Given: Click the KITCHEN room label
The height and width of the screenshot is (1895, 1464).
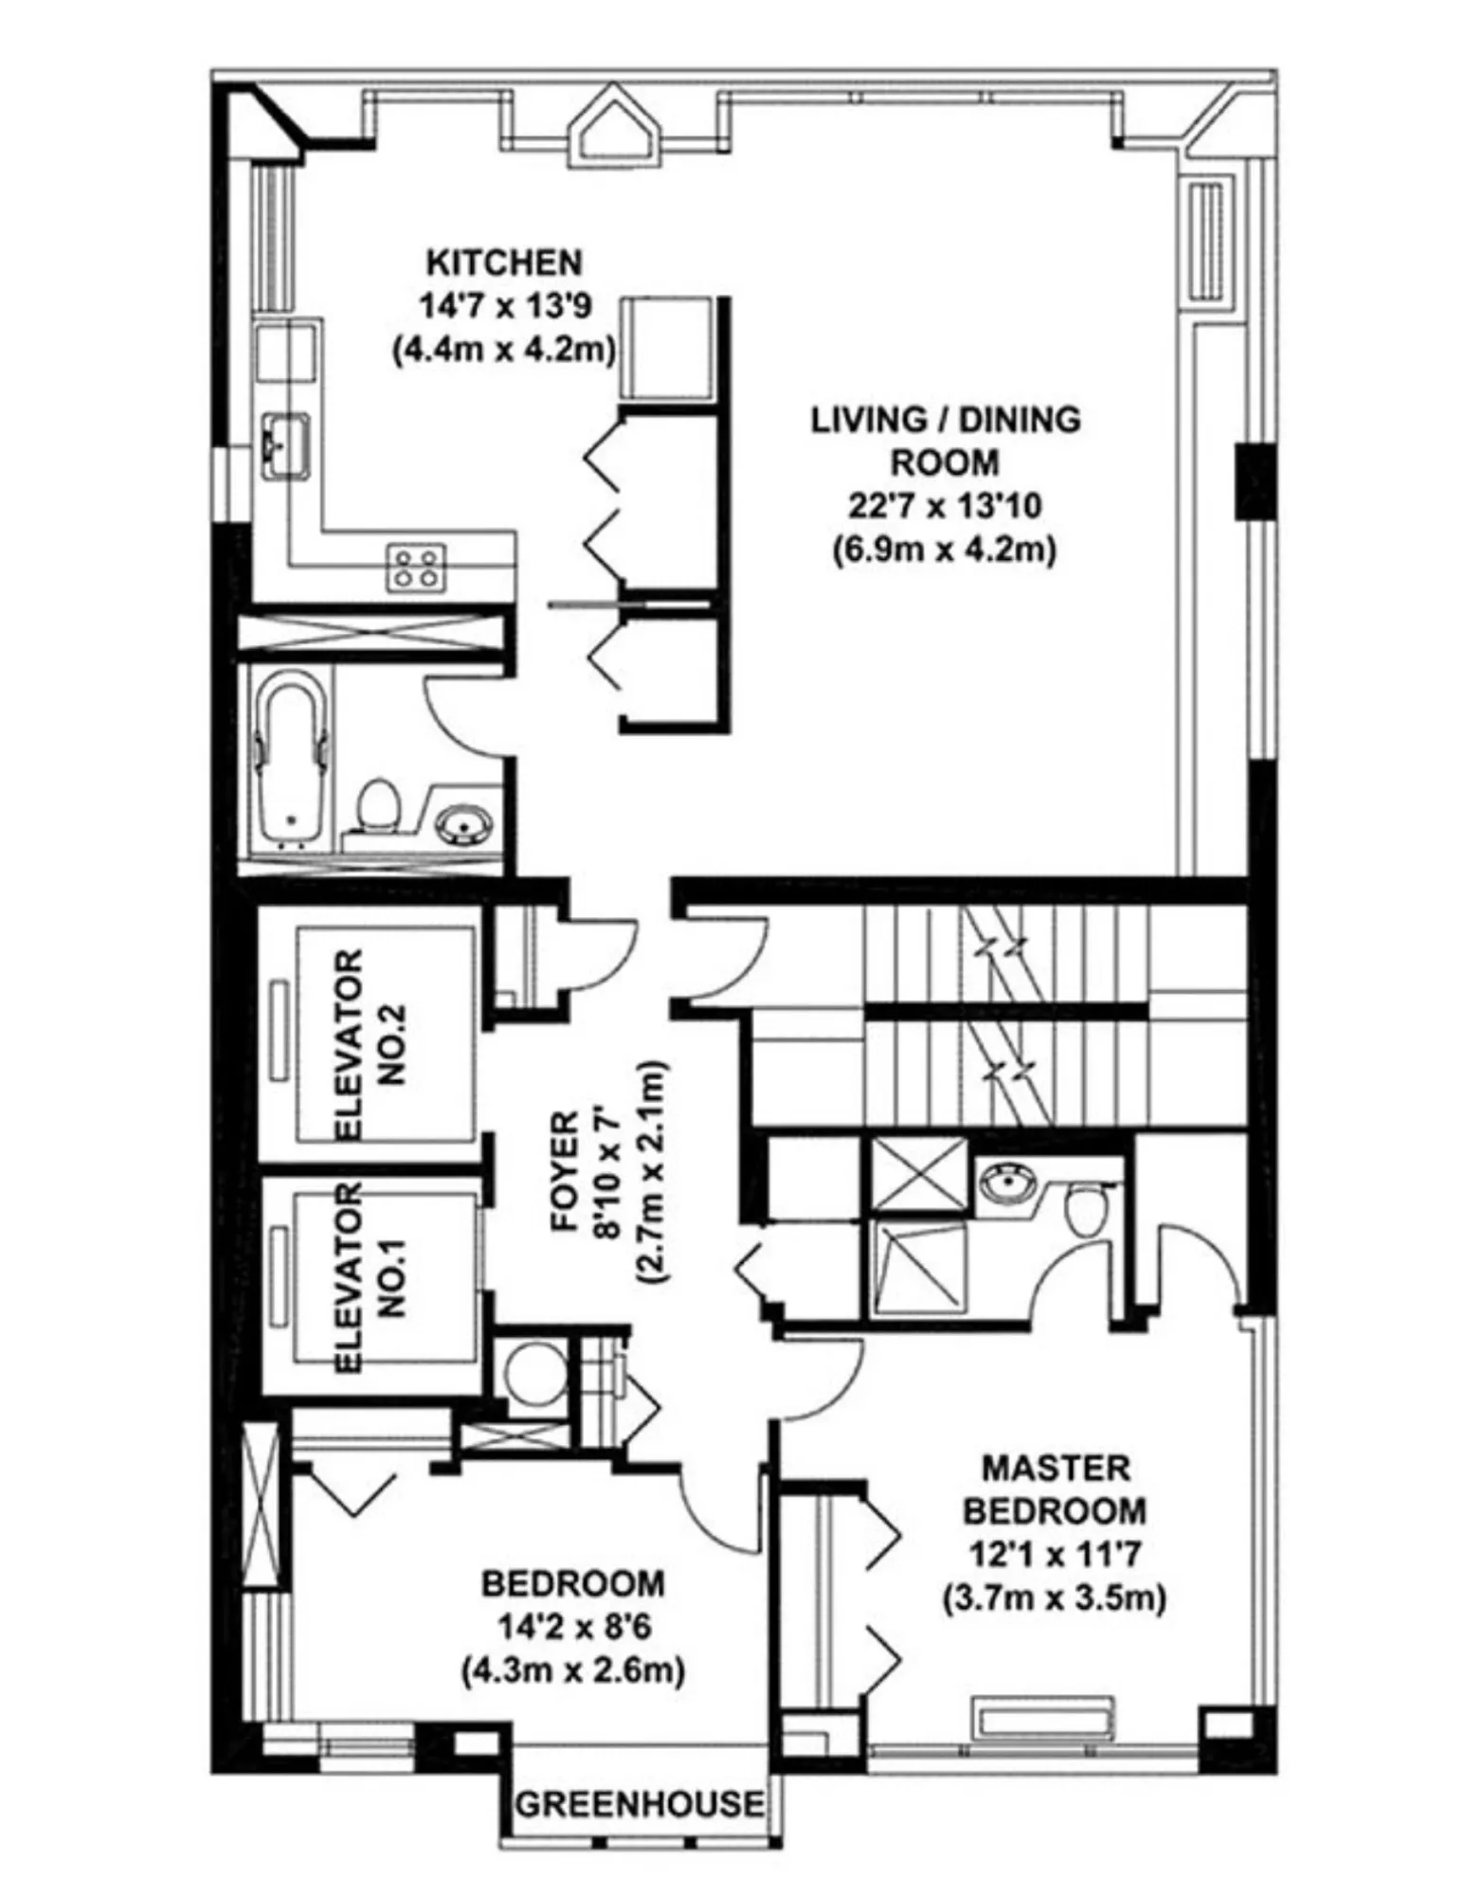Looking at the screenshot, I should tap(503, 262).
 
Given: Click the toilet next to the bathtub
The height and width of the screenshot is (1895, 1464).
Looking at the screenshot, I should tap(378, 806).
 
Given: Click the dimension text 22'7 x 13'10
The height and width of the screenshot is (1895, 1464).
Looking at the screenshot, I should tap(944, 507).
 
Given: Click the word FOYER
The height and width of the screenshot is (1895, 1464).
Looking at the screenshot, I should tap(565, 1171).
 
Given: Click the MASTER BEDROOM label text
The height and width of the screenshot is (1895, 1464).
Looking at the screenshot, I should tap(1054, 1489).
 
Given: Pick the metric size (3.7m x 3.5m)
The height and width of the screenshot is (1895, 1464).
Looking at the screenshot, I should tap(1054, 1598).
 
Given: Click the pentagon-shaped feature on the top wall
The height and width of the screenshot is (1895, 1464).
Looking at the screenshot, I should tap(615, 127).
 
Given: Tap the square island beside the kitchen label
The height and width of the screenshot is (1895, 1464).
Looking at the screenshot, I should tap(666, 348).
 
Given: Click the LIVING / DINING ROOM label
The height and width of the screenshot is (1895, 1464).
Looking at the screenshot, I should tap(945, 441).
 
